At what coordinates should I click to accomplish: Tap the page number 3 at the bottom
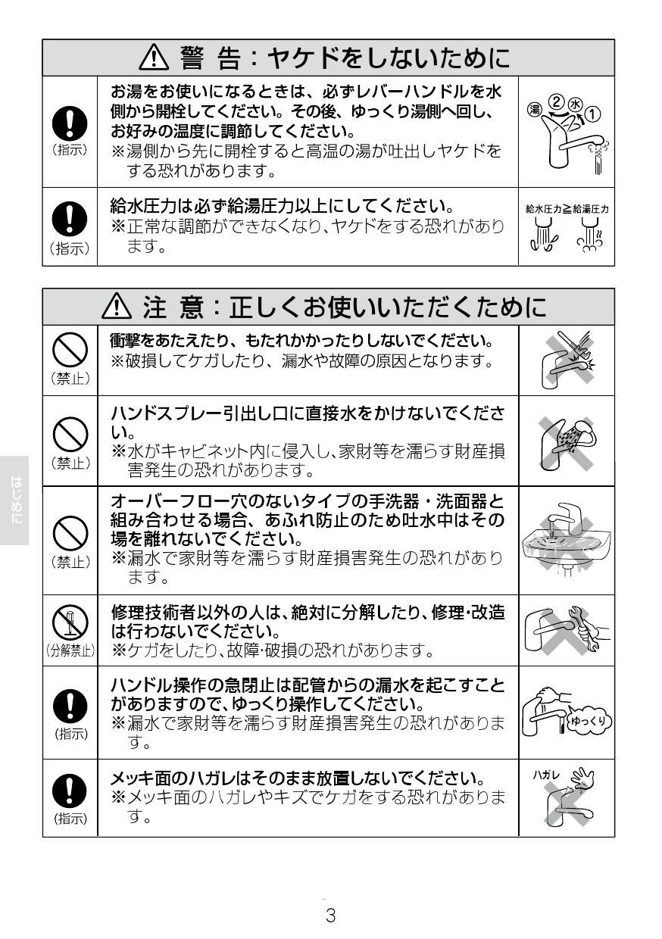(330, 915)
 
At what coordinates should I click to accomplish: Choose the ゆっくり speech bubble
(590, 721)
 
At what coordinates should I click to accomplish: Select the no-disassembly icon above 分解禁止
(69, 625)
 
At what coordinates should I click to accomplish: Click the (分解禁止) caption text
(70, 650)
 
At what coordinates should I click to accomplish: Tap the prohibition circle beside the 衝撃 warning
(69, 350)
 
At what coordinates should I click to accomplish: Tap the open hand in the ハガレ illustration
(582, 779)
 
